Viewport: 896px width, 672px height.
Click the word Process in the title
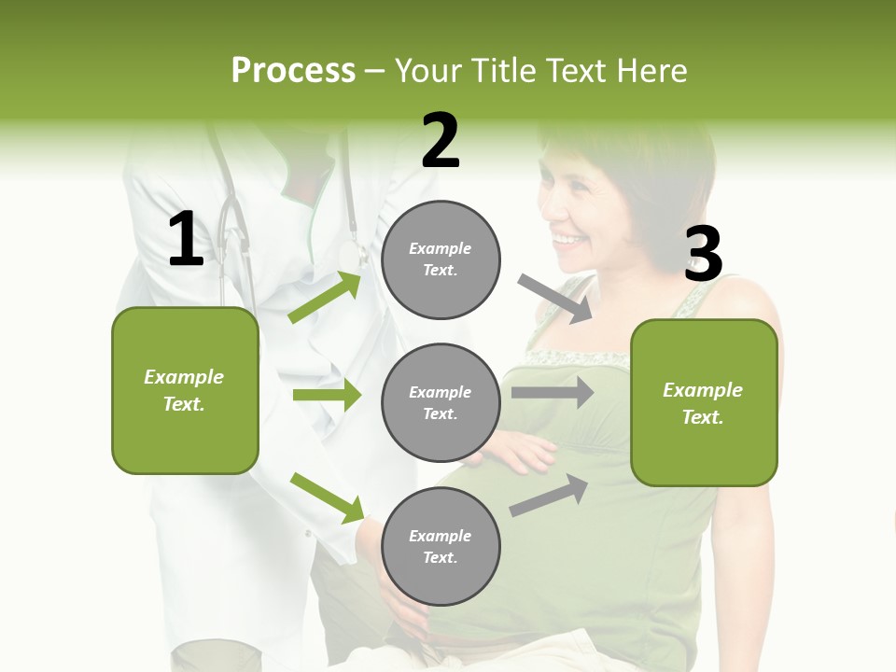293,70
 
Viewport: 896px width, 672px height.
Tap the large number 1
186,240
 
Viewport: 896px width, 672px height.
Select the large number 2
441,141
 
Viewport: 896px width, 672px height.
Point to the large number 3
703,255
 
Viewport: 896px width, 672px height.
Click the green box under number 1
185,390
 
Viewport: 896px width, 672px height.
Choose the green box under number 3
704,402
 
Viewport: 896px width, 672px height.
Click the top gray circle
441,259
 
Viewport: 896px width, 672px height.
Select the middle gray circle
441,402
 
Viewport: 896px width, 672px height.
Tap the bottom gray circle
441,546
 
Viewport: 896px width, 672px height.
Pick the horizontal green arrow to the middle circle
327,395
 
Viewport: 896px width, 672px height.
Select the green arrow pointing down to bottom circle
328,497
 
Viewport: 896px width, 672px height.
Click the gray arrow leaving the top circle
556,299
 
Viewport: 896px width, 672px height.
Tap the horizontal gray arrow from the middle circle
552,392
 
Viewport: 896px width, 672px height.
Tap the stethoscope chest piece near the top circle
352,255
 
